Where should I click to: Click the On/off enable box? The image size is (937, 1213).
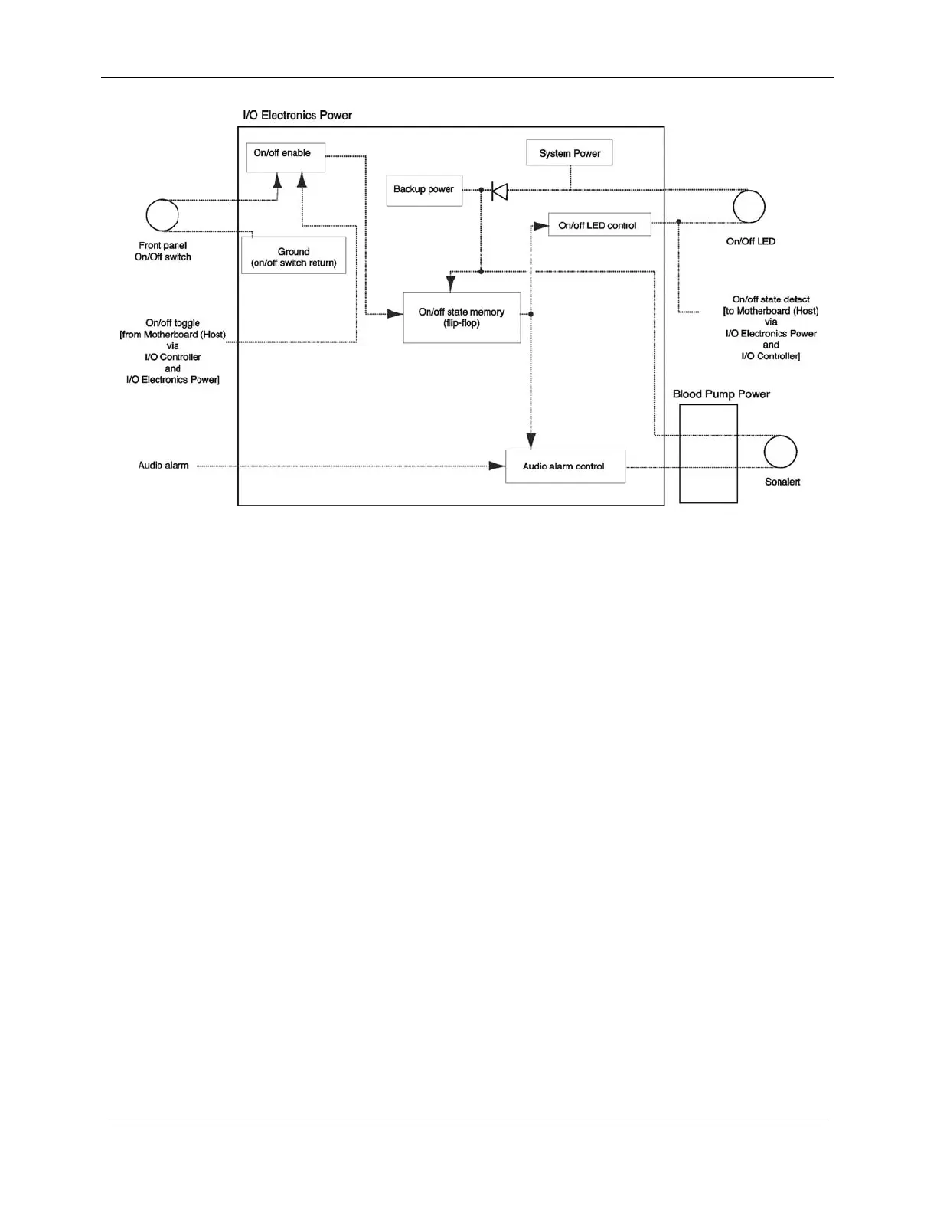286,157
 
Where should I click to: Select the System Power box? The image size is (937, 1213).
570,153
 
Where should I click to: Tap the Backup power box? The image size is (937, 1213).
424,190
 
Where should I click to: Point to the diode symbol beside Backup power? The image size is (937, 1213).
499,191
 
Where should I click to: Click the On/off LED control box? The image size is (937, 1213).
599,225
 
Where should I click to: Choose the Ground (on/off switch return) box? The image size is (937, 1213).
294,256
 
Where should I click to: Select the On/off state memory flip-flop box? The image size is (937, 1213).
462,317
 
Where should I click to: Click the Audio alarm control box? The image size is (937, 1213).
565,466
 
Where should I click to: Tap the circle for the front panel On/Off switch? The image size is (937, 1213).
162,215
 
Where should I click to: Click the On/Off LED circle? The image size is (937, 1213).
749,207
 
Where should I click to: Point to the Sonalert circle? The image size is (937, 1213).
781,452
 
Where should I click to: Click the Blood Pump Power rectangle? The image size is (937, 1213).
708,453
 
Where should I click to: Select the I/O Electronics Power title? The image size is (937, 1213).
297,116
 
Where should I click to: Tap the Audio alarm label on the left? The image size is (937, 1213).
163,466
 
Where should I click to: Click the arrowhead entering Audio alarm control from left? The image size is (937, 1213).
498,466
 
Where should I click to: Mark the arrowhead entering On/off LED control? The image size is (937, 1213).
541,226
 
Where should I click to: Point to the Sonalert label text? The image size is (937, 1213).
782,482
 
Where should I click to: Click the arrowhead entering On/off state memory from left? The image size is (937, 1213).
395,314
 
